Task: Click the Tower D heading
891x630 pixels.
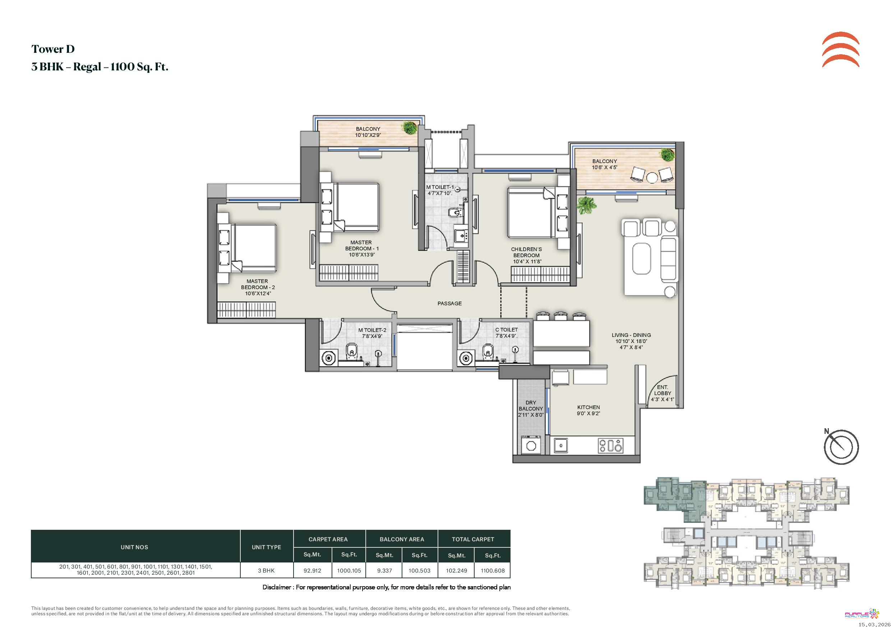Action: click(53, 49)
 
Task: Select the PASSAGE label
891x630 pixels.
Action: click(449, 304)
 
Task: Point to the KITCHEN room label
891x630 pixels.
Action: click(588, 407)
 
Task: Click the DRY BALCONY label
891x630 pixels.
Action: click(531, 406)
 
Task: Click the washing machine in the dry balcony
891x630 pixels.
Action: click(531, 445)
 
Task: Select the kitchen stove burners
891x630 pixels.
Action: click(610, 446)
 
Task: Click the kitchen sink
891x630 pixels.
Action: click(560, 445)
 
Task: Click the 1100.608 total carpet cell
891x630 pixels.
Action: click(493, 571)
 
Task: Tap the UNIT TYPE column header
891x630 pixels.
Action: click(266, 547)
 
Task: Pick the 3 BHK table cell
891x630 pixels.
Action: click(266, 571)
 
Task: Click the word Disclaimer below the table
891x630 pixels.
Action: click(277, 587)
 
